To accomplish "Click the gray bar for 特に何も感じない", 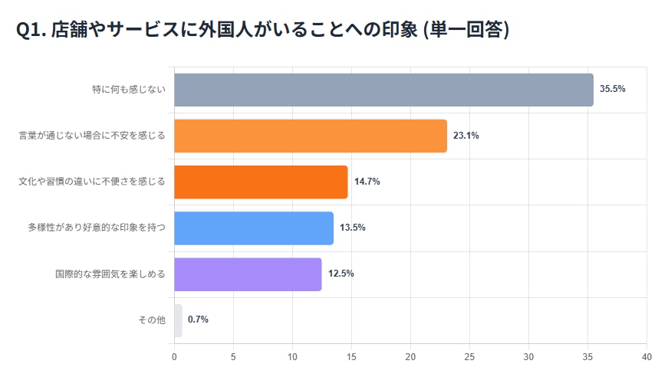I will pos(383,90).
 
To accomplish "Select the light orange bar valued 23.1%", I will pos(311,136).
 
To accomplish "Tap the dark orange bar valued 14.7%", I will pos(261,182).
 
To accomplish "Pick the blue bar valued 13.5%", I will pos(254,228).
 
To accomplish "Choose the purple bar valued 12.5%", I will pos(248,274).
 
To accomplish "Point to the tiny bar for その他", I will pos(178,320).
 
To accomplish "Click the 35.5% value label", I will pos(613,89).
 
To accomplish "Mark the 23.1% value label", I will pos(466,136).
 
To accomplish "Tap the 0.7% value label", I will pos(198,320).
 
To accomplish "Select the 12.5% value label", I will pos(341,274).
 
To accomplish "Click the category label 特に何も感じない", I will pos(128,90).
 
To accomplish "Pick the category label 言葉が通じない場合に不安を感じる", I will pos(92,136).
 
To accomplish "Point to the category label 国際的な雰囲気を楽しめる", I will pos(110,274).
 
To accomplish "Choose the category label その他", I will pos(152,320).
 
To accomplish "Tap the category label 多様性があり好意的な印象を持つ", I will pos(97,228).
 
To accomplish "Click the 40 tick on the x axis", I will pos(647,357).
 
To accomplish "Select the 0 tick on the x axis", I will pos(174,357).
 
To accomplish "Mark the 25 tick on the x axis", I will pos(469,357).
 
